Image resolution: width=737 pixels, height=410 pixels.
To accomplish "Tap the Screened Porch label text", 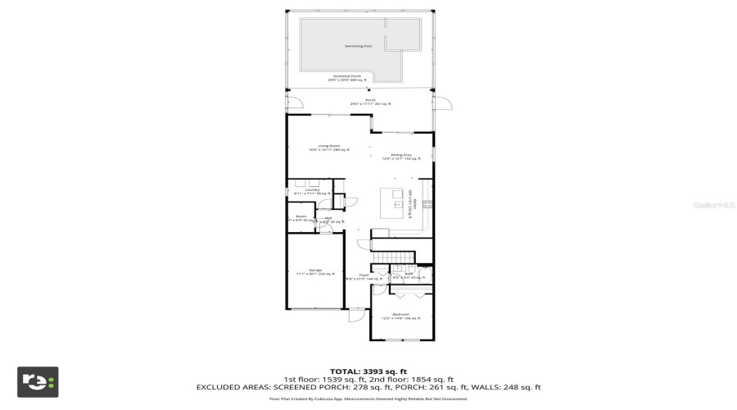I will pos(344,78).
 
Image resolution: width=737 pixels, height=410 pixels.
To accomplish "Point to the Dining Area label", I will pos(400,156).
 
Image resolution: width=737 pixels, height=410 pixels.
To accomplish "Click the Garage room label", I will pos(314,271).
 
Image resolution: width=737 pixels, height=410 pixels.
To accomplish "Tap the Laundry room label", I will pos(311,191).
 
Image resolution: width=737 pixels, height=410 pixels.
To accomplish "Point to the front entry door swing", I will pos(356,316).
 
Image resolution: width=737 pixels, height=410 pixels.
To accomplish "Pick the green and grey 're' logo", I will pos(38,382).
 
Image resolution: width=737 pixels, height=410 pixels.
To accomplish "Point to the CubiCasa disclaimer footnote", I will pos(368,399).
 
